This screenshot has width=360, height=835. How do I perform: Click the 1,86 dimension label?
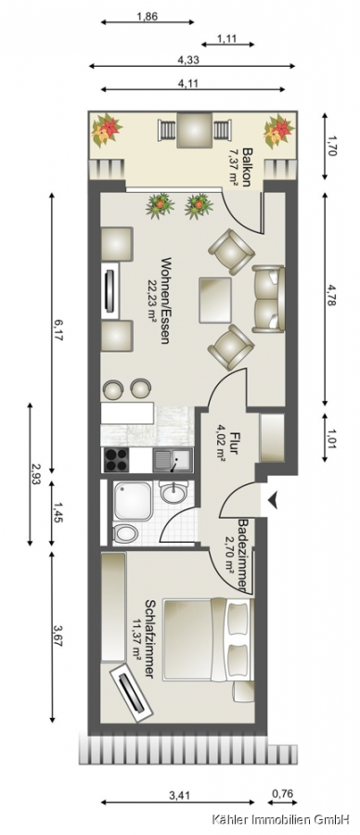[147, 16]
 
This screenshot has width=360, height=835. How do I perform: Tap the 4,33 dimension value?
[188, 59]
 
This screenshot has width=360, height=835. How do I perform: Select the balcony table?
[195, 129]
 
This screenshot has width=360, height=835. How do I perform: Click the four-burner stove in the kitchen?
[116, 459]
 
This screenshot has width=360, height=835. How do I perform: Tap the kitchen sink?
[174, 459]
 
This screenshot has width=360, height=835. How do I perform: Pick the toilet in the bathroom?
[125, 533]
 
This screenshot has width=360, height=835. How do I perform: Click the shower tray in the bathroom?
[133, 501]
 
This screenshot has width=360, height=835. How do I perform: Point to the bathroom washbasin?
[174, 493]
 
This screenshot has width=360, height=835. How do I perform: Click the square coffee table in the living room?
[215, 300]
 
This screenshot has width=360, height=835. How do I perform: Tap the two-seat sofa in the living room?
[268, 299]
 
